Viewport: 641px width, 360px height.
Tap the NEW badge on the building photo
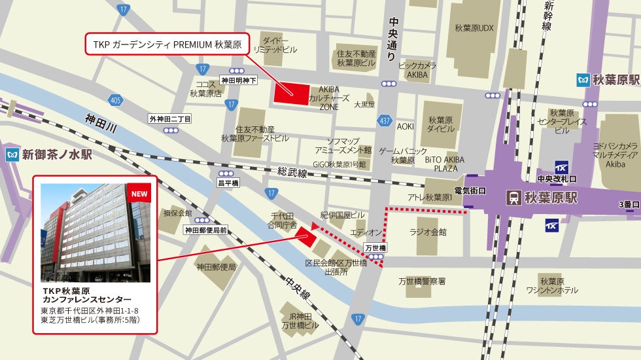pos(139,194)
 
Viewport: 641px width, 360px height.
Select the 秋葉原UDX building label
pos(474,28)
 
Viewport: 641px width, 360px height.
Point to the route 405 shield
pos(116,100)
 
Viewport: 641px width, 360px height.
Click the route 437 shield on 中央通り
pos(385,120)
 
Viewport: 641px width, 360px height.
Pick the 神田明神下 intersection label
pos(239,80)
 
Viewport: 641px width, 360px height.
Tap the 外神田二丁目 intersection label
pos(170,119)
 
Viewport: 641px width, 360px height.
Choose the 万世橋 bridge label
pos(375,248)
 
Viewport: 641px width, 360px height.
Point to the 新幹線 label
pos(547,16)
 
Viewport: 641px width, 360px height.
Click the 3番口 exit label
pos(628,205)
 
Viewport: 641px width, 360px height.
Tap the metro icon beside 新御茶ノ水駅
pos(11,155)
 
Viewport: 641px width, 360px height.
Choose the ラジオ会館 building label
pos(428,232)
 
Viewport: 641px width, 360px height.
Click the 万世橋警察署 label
pos(422,281)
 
